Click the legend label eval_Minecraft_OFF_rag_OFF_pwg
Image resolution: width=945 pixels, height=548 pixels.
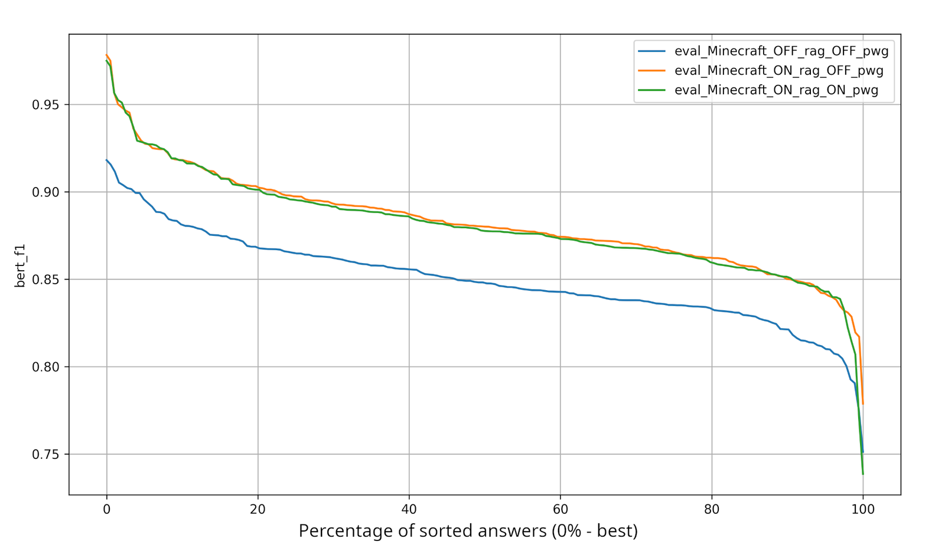pyautogui.click(x=781, y=51)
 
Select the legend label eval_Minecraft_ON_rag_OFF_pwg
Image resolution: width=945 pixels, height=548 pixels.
pyautogui.click(x=778, y=71)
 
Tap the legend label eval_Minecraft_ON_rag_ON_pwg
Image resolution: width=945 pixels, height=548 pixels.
pyautogui.click(x=776, y=90)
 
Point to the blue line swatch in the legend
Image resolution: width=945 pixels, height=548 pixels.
pyautogui.click(x=651, y=51)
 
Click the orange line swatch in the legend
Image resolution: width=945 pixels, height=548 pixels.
pyautogui.click(x=651, y=71)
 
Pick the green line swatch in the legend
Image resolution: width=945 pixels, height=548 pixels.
pyautogui.click(x=651, y=90)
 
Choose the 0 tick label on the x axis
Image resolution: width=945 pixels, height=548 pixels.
pyautogui.click(x=107, y=509)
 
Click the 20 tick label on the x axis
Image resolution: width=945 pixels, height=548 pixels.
pyautogui.click(x=258, y=509)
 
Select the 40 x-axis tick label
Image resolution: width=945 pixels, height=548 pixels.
pyautogui.click(x=409, y=509)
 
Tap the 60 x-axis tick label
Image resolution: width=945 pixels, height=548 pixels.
pyautogui.click(x=560, y=509)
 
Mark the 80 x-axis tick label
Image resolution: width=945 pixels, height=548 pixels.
pyautogui.click(x=712, y=509)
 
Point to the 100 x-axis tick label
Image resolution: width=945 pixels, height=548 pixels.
pyautogui.click(x=863, y=509)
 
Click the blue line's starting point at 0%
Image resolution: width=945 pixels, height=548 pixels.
pyautogui.click(x=107, y=160)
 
